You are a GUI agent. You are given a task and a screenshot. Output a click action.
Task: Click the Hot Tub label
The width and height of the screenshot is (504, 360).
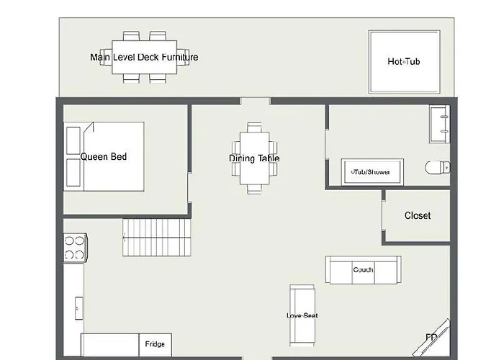[404, 61]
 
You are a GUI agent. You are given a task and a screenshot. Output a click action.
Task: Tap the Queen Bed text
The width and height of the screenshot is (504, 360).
[104, 156]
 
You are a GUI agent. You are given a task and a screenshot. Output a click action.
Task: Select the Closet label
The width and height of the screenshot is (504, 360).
[418, 215]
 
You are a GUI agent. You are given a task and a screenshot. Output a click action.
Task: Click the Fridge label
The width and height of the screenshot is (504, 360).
[155, 344]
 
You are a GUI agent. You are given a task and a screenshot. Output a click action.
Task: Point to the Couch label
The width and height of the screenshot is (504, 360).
[363, 270]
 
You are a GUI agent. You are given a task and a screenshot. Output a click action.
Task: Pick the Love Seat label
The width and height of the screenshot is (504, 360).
[302, 315]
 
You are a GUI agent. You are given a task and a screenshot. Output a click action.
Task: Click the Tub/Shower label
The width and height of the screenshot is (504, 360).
[371, 172]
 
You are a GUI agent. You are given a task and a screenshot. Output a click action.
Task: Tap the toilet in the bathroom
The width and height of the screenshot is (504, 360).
[438, 168]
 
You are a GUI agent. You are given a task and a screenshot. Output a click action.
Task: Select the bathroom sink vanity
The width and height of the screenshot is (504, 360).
[439, 124]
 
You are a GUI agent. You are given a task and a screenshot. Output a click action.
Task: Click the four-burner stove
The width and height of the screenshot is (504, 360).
[75, 248]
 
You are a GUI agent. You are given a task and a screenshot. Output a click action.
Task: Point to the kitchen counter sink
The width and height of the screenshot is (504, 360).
[78, 308]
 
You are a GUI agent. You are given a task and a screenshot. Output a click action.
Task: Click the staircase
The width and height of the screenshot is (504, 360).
[157, 238]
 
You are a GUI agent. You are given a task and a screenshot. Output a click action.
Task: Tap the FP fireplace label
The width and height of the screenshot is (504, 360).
[431, 337]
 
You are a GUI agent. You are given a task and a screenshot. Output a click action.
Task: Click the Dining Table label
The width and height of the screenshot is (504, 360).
[254, 158]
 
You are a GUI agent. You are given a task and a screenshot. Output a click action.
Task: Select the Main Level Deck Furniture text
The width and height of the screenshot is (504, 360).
[144, 57]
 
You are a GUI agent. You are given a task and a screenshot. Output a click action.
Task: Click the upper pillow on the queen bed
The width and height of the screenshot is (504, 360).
[73, 141]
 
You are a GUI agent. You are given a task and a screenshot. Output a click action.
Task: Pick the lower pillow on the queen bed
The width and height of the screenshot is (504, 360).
[73, 173]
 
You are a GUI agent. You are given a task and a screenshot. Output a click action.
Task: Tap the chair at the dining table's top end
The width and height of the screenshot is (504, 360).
[254, 127]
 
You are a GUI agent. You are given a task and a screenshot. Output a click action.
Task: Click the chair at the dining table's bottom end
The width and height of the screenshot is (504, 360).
[254, 189]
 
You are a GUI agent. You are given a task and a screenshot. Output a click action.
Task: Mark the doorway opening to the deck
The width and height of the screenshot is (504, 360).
[255, 101]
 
